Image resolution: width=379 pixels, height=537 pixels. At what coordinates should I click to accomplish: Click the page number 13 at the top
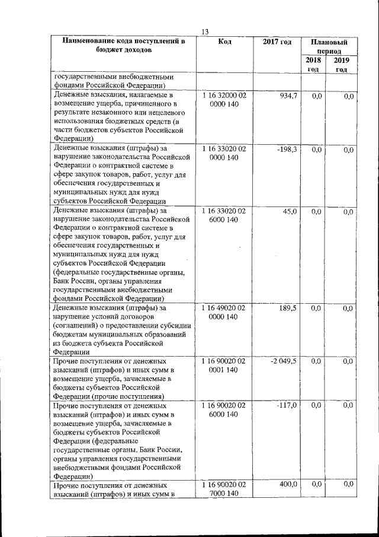tap(205, 31)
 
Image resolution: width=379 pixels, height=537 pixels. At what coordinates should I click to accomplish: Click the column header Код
tap(224, 42)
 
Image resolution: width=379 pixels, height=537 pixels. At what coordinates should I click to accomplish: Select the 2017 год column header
tap(277, 42)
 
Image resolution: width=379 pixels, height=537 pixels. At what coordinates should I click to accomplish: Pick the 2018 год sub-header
tap(313, 65)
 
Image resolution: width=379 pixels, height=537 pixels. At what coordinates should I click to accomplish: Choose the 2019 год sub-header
tap(342, 65)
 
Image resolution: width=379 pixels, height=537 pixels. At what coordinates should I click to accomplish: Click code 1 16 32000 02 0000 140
tap(224, 100)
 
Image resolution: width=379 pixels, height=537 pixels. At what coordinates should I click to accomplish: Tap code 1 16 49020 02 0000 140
tap(224, 313)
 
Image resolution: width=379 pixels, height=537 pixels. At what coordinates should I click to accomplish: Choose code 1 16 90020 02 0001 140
tap(224, 366)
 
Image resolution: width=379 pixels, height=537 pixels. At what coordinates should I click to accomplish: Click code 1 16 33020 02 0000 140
tap(224, 154)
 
